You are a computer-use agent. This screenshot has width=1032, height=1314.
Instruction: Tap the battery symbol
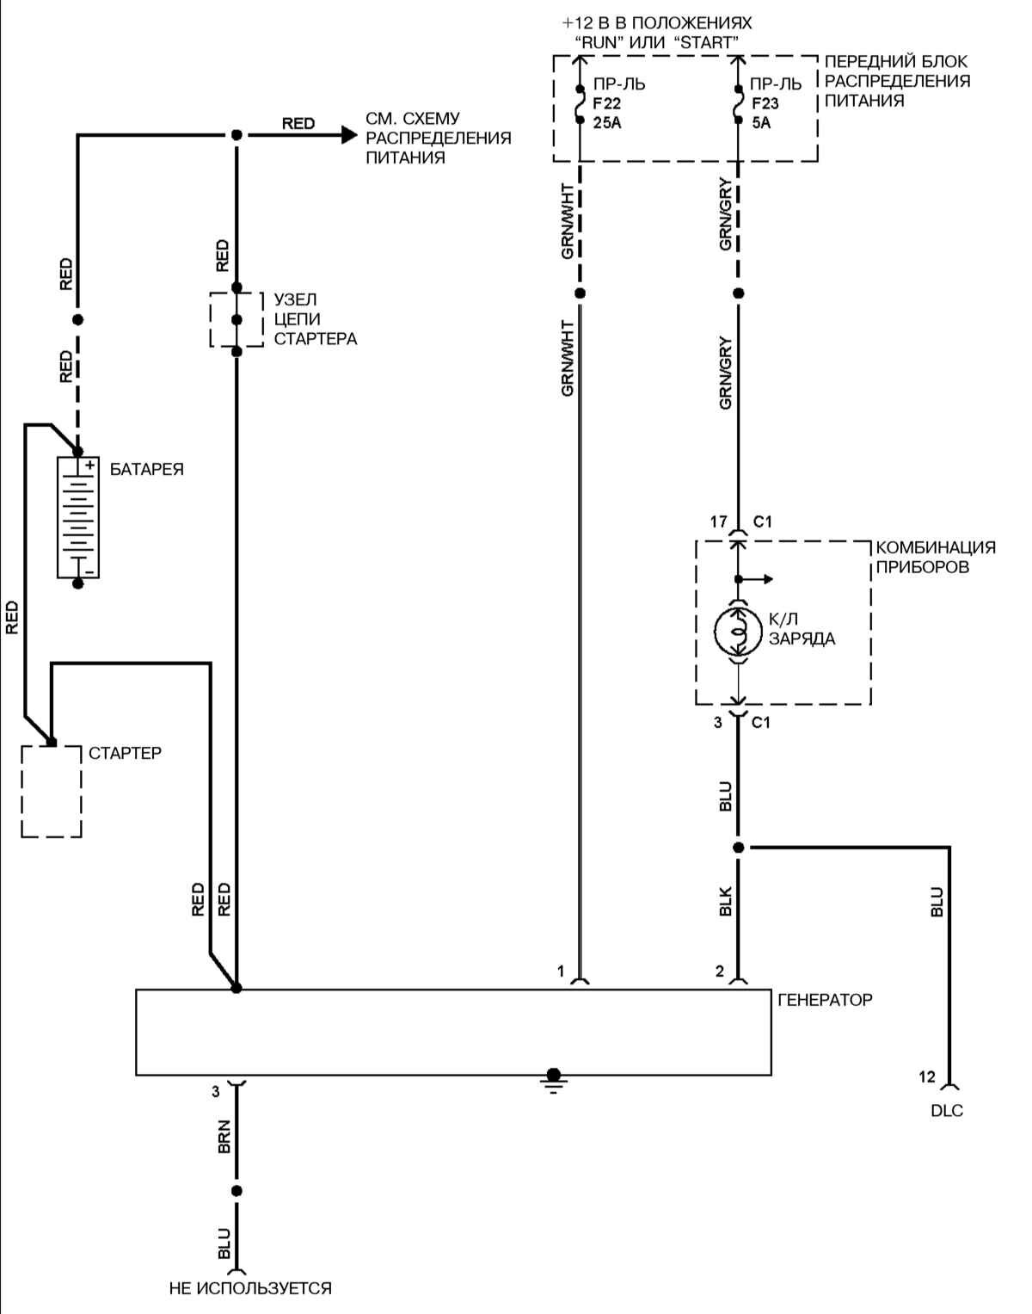78,516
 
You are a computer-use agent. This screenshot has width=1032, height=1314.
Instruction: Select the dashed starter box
52,790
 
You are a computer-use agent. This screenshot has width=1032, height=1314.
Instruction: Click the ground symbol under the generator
553,1079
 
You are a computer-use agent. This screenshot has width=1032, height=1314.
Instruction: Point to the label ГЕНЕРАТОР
825,1000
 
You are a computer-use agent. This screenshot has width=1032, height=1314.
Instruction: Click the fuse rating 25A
607,122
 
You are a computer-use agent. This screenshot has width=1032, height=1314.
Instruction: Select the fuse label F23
765,103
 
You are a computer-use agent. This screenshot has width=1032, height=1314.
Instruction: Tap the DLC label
947,1111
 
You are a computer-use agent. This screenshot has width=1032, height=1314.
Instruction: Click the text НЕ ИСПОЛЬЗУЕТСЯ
250,1288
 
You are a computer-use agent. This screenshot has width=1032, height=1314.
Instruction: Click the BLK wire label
725,901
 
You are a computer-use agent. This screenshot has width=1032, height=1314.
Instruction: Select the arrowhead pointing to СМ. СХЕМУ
347,134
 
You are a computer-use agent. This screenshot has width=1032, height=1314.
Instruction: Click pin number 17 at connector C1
718,521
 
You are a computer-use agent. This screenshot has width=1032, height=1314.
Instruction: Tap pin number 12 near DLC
926,1076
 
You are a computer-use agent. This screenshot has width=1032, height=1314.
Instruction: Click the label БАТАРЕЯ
147,470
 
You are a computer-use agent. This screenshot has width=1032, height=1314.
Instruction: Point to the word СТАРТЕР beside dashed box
125,753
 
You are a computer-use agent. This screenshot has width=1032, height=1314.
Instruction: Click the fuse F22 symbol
580,103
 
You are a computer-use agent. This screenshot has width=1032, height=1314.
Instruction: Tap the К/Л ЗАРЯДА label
802,629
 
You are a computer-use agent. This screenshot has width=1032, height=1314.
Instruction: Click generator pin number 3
216,1091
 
